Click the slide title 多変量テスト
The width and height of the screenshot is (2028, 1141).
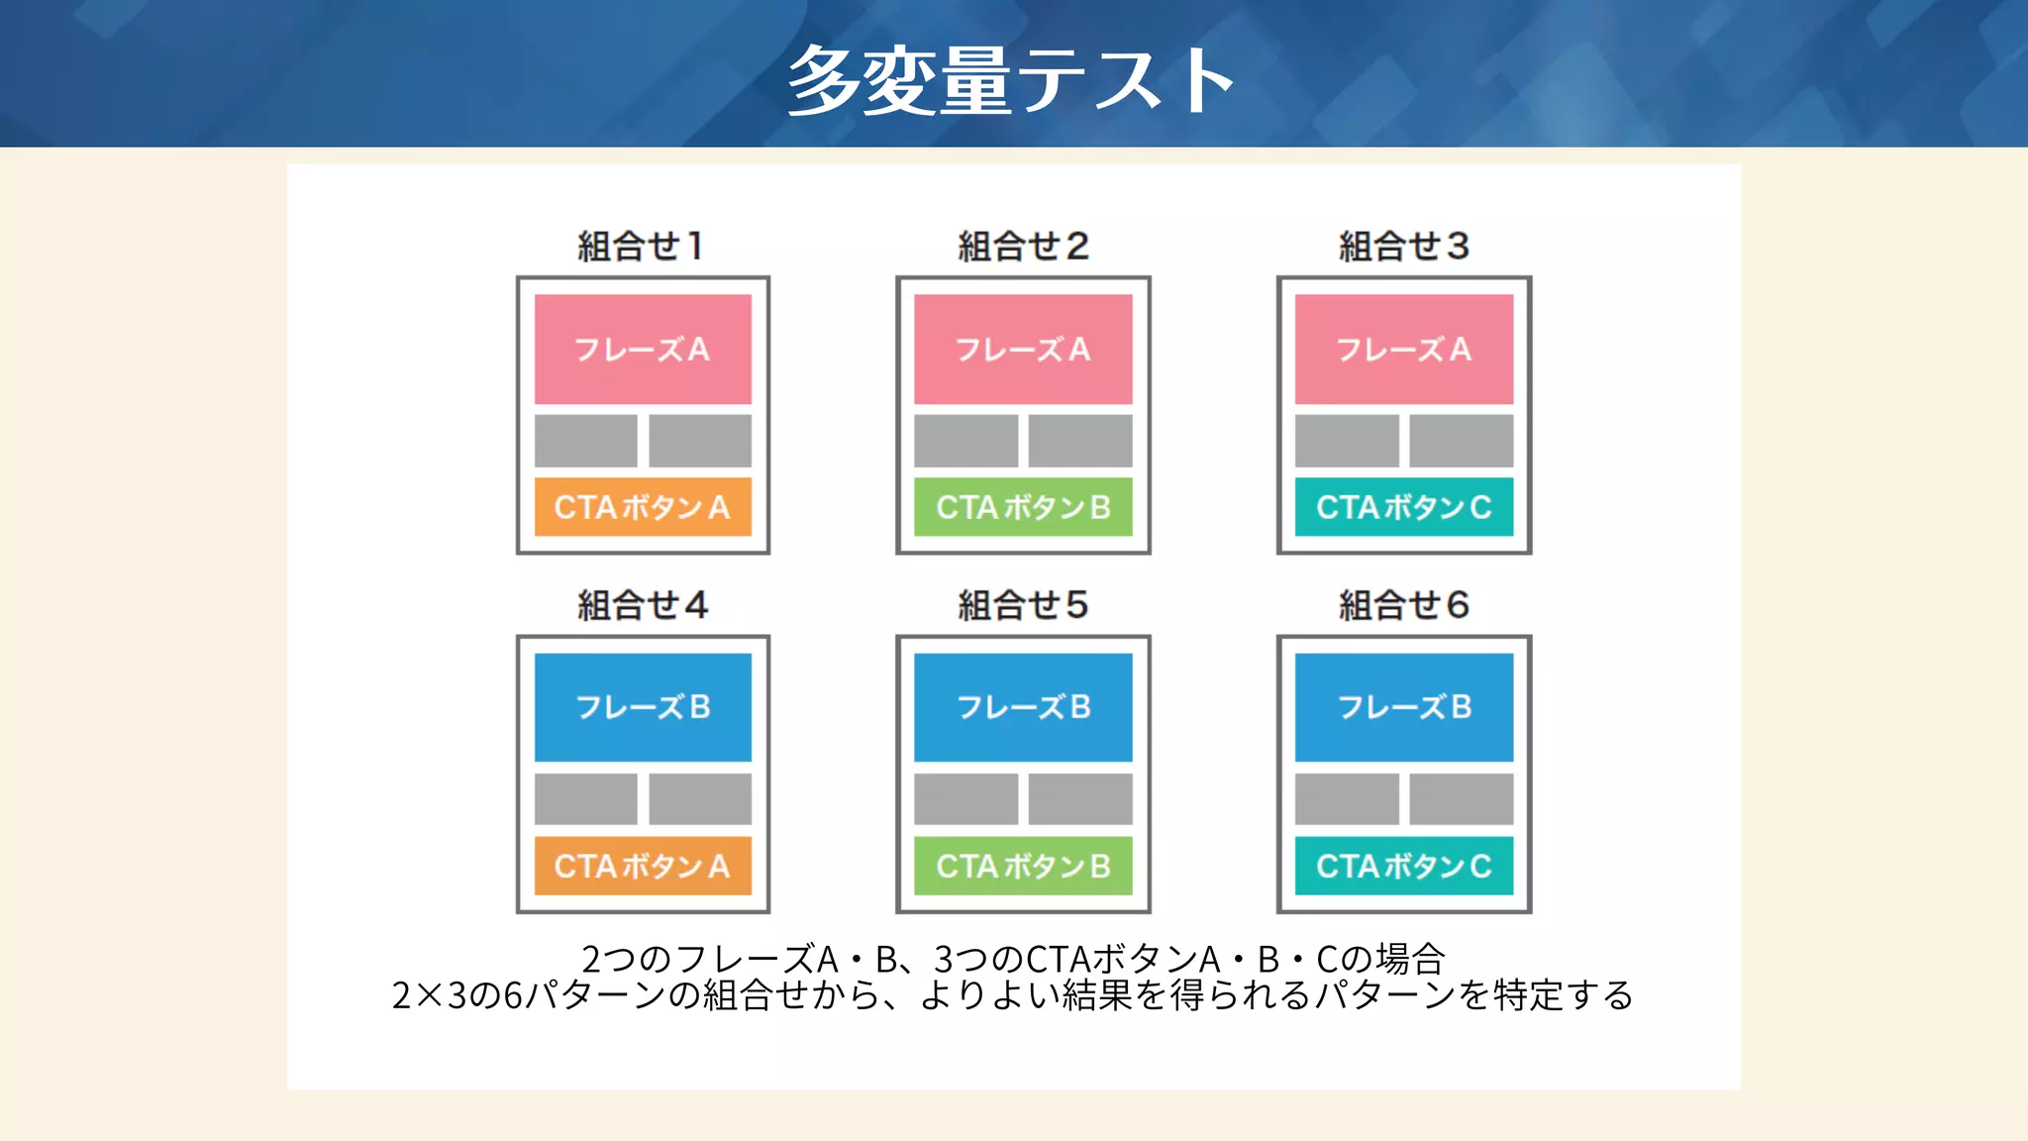1010,79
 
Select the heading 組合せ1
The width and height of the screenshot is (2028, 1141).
642,246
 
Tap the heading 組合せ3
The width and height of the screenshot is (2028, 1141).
1403,246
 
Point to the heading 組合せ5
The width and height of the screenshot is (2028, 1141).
1023,604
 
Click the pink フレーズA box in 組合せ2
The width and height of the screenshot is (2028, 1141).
1023,349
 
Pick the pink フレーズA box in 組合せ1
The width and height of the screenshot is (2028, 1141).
643,349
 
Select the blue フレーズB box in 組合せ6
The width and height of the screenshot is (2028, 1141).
1403,707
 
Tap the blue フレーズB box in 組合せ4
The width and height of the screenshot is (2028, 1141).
643,707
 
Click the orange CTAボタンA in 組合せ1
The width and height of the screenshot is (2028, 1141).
643,507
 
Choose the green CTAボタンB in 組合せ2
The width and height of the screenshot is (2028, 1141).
1023,507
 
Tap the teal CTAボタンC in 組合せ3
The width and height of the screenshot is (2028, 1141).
1403,507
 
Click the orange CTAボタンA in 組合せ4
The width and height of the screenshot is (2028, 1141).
643,866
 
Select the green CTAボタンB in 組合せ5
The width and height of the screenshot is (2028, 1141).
1023,866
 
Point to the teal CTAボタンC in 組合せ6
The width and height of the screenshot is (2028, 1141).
1403,866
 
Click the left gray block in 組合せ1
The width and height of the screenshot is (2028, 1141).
585,441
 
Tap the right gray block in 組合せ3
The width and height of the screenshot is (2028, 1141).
1461,441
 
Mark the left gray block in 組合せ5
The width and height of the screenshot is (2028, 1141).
965,798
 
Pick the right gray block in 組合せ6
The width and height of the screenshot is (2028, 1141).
1461,798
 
